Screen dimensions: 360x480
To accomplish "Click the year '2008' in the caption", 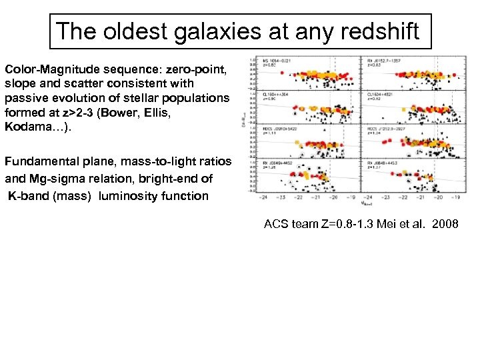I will pos(445,224).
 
